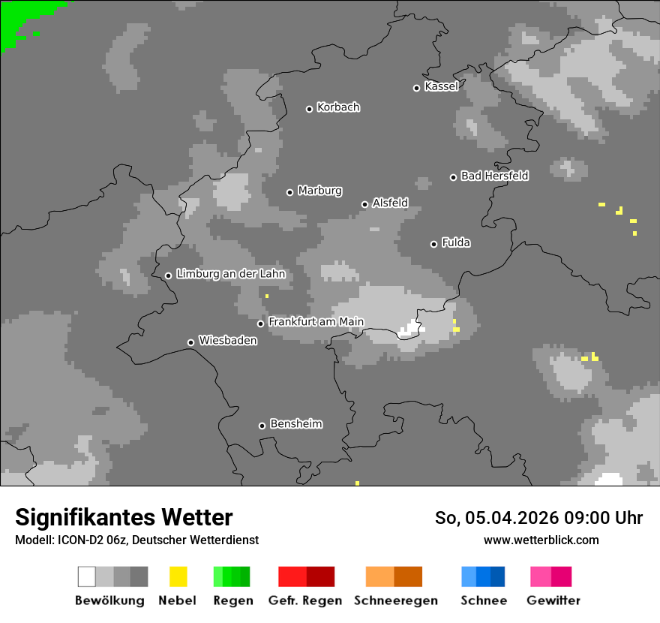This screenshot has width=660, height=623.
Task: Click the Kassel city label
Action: [441, 86]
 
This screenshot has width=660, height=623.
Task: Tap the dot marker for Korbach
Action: [309, 109]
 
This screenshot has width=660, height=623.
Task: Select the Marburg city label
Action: [319, 191]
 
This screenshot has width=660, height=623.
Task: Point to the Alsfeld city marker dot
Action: [364, 204]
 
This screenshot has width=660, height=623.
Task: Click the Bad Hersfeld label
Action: [494, 176]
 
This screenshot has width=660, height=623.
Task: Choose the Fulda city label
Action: [456, 242]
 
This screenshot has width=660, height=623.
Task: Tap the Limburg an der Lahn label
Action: [230, 274]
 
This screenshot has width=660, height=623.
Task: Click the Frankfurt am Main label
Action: [316, 322]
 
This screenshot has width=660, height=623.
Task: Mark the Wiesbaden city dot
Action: [190, 342]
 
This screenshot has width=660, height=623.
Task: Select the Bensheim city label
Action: [295, 424]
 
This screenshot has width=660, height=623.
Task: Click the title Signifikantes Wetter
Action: [124, 518]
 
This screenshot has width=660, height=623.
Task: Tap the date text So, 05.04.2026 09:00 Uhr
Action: [538, 518]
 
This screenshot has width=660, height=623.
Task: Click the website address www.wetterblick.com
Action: [541, 540]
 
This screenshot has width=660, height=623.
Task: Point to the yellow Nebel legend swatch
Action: [178, 576]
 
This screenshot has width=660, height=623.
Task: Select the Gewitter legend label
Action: [553, 600]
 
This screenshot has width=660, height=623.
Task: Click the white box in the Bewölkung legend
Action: [87, 576]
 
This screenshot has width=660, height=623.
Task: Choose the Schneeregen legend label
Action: [395, 600]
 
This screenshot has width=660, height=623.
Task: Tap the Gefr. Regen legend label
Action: [304, 600]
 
